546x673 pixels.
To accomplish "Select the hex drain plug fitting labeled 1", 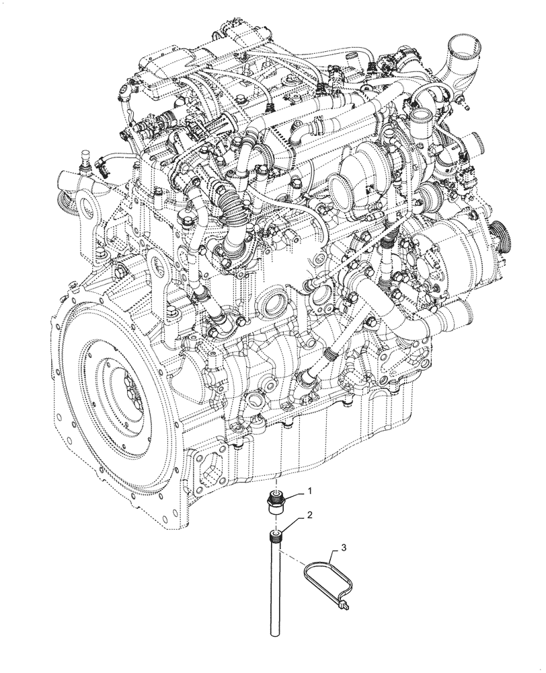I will pyautogui.click(x=276, y=504).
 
